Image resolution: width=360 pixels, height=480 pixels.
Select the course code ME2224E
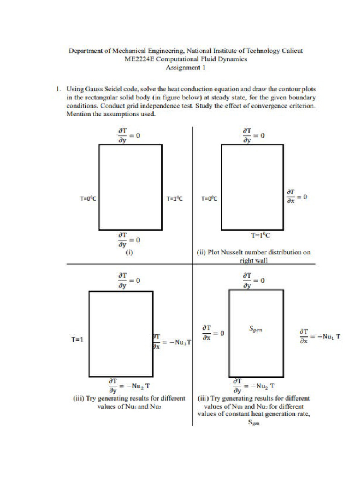pyautogui.click(x=140, y=59)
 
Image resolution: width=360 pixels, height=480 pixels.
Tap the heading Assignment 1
pyautogui.click(x=186, y=67)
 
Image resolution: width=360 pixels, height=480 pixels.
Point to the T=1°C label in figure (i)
pyautogui.click(x=174, y=199)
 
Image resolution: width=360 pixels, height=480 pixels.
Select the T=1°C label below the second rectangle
pyautogui.click(x=261, y=236)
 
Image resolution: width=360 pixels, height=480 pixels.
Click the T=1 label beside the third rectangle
pyautogui.click(x=77, y=340)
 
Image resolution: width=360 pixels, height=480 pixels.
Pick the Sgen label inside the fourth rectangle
pyautogui.click(x=255, y=330)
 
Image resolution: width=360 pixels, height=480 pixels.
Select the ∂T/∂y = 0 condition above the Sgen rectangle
pyautogui.click(x=253, y=280)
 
